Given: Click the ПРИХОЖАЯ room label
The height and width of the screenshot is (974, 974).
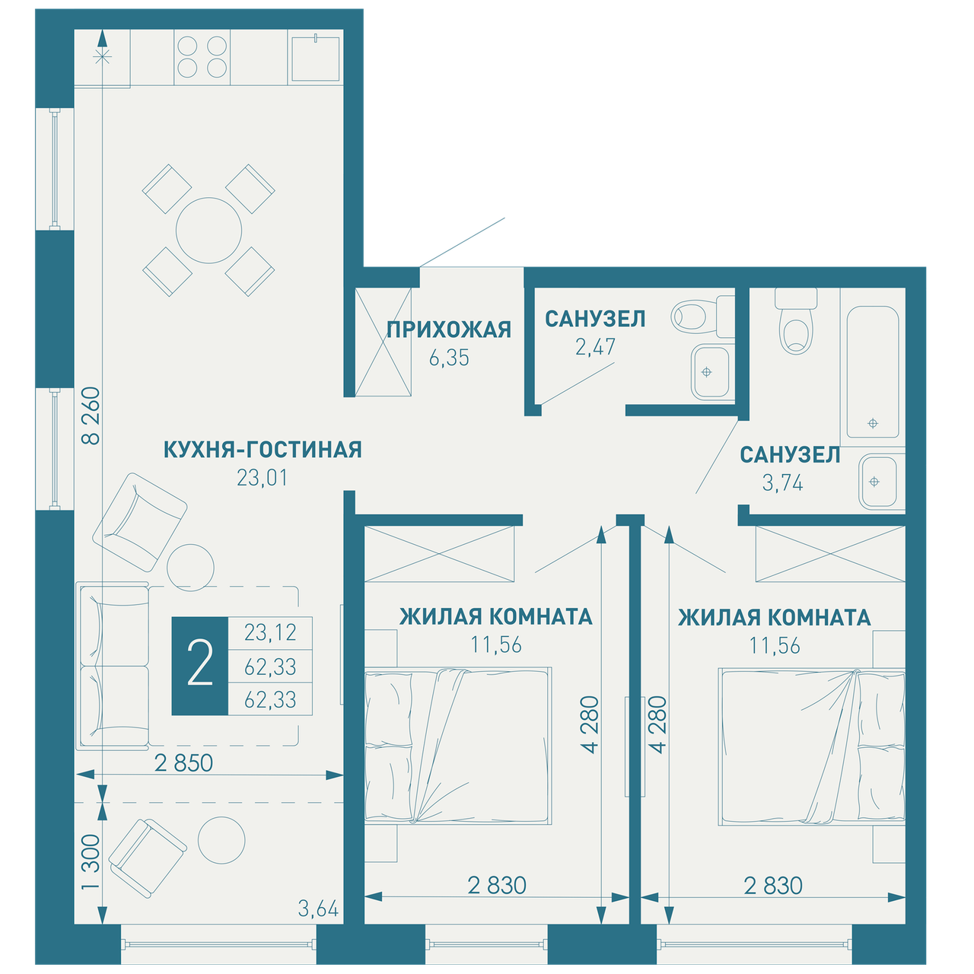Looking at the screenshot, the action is pos(448,329).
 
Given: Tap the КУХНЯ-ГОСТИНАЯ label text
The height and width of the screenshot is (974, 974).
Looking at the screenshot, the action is pos(263,450).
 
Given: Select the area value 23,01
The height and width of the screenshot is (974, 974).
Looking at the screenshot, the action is pos(263,478).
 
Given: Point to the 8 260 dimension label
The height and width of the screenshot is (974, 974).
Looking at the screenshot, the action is pos(91,415).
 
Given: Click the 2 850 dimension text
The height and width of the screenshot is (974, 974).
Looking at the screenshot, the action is pos(183,763).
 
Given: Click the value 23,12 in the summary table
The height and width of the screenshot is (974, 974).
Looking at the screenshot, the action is pos(270,632).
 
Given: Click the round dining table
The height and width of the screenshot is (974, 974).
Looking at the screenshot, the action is pos(208,231).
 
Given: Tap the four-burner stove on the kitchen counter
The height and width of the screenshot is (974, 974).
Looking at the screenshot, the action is pos(202,57).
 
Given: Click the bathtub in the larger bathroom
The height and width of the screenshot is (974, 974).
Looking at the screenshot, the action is pos(873,371).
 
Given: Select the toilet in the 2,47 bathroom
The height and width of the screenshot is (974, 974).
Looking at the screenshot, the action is pos(702,317).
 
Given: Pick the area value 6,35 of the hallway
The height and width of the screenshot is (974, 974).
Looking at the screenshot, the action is pos(449,358).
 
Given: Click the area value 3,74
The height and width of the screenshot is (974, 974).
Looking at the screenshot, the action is pos(782,483).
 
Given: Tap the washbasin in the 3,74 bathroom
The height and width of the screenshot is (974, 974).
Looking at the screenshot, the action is pos(878,481).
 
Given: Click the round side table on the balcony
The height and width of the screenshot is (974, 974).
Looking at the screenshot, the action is pos(221,840).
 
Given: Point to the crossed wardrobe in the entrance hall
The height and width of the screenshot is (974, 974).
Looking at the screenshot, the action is pos(383,342).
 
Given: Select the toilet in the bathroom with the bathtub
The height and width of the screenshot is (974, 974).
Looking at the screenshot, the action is pos(796,323).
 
